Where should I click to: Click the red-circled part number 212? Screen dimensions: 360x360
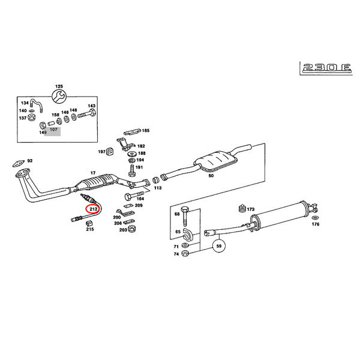point(92,209)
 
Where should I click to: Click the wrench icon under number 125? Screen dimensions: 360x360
point(58,95)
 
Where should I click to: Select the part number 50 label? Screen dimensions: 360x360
point(211,176)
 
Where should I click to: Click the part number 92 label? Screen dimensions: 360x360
point(30,161)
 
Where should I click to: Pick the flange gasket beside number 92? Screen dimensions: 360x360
point(18,162)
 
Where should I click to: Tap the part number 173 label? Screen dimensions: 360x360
point(251,209)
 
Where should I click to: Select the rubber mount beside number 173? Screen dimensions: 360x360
point(242,209)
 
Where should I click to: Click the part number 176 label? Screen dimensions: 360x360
point(316,224)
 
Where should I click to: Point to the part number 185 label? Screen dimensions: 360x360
point(145,130)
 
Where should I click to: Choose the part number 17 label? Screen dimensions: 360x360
point(92,173)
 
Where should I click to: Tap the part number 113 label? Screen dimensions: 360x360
point(157,188)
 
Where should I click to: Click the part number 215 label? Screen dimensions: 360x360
point(89,229)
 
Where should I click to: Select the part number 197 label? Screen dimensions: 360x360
point(101,152)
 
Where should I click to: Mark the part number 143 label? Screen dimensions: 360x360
point(91,106)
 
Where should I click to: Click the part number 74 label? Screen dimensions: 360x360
point(177,254)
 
